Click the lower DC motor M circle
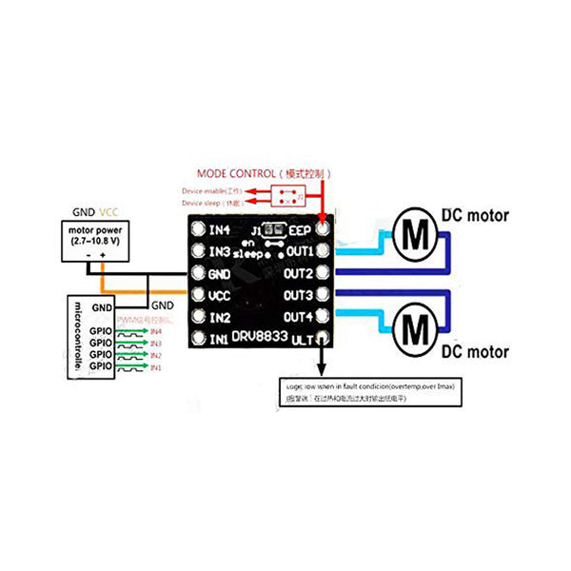414,327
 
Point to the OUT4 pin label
298,317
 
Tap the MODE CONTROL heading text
263,174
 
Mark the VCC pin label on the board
221,295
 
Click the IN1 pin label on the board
220,339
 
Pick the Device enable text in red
211,191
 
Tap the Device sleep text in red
211,203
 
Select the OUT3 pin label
298,295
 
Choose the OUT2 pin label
298,273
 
